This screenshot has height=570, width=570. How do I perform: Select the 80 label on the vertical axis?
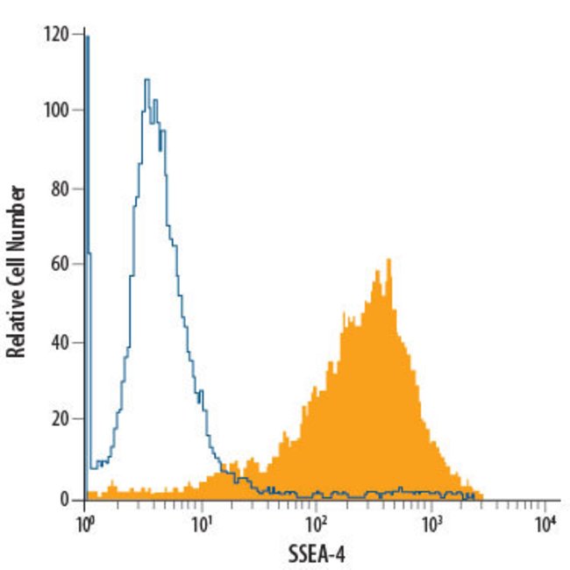[x=61, y=188]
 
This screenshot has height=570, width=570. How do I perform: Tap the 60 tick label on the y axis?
[x=61, y=264]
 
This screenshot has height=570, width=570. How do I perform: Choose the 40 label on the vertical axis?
[x=61, y=343]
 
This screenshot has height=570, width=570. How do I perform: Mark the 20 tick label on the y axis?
[x=61, y=420]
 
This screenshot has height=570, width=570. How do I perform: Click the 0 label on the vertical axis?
[x=65, y=498]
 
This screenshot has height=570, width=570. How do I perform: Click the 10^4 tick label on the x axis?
[x=545, y=524]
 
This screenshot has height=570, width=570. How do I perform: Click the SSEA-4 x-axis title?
[x=317, y=555]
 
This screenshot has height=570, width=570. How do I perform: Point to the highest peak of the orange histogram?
[x=388, y=260]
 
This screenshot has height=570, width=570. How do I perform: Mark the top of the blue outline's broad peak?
[x=147, y=80]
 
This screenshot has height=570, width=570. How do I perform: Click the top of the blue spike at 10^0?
[x=87, y=36]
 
